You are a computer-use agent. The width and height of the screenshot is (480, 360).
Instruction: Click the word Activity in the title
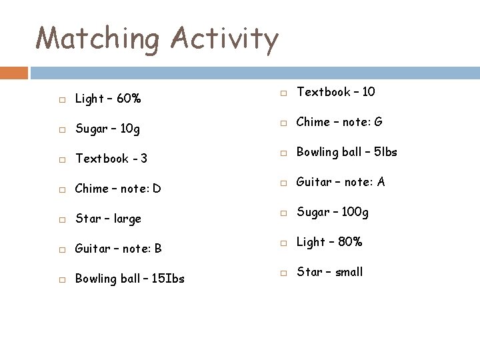(225, 39)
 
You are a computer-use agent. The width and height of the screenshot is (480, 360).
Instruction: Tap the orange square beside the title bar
(14, 73)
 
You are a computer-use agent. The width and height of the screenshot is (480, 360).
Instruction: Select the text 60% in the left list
(129, 99)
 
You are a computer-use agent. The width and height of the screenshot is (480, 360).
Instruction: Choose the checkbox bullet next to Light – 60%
(61, 100)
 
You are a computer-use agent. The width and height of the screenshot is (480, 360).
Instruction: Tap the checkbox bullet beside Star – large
(61, 219)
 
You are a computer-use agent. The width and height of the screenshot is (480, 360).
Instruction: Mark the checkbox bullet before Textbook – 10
(283, 92)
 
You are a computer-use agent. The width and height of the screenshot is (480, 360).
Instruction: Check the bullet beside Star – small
(283, 273)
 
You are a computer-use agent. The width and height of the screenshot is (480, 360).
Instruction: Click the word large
(127, 219)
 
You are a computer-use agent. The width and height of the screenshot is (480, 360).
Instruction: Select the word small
(349, 272)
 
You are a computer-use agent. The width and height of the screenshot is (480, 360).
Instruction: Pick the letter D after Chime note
(157, 189)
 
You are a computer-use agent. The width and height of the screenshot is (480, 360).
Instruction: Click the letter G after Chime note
(378, 122)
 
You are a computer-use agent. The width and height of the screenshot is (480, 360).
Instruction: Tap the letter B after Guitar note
(158, 249)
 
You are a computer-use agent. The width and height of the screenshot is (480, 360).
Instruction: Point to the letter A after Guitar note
(381, 182)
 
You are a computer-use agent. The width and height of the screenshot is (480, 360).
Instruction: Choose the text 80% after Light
(350, 242)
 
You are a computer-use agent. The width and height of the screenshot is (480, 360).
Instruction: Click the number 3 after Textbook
(144, 159)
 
